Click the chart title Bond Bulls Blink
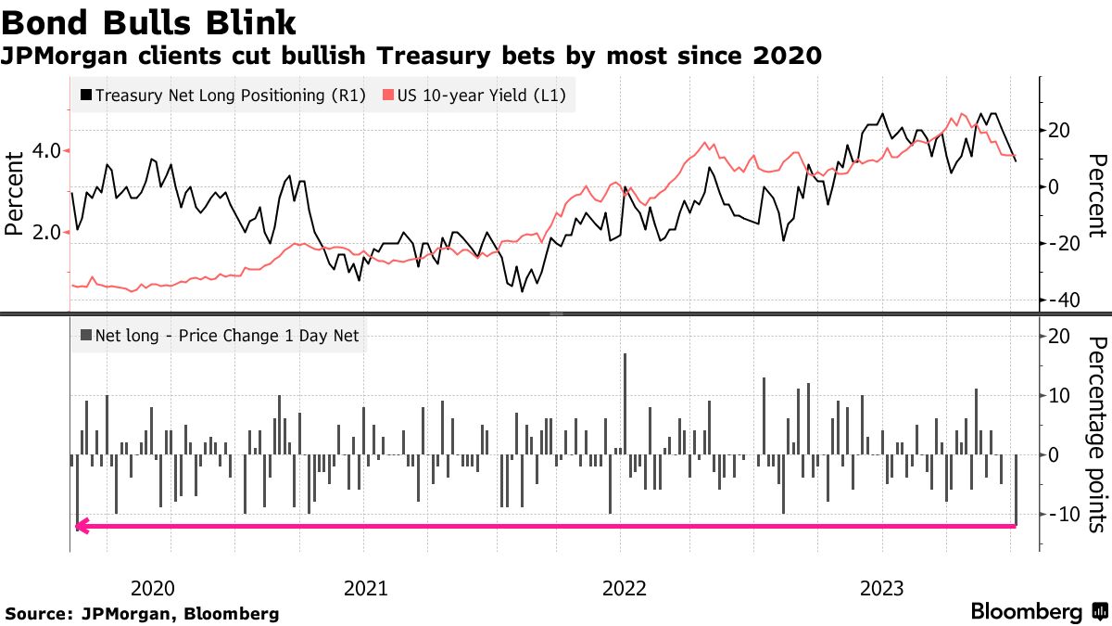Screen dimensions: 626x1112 (149, 20)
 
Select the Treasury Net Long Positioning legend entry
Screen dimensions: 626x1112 (222, 95)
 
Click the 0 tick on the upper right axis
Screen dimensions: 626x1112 (1054, 186)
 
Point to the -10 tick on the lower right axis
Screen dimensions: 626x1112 (1061, 514)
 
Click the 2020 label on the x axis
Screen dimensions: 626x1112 (153, 588)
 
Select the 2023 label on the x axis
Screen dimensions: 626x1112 (883, 588)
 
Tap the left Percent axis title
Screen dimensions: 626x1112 (15, 193)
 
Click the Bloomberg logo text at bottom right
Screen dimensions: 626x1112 (1026, 612)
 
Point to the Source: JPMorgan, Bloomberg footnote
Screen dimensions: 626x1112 (143, 614)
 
